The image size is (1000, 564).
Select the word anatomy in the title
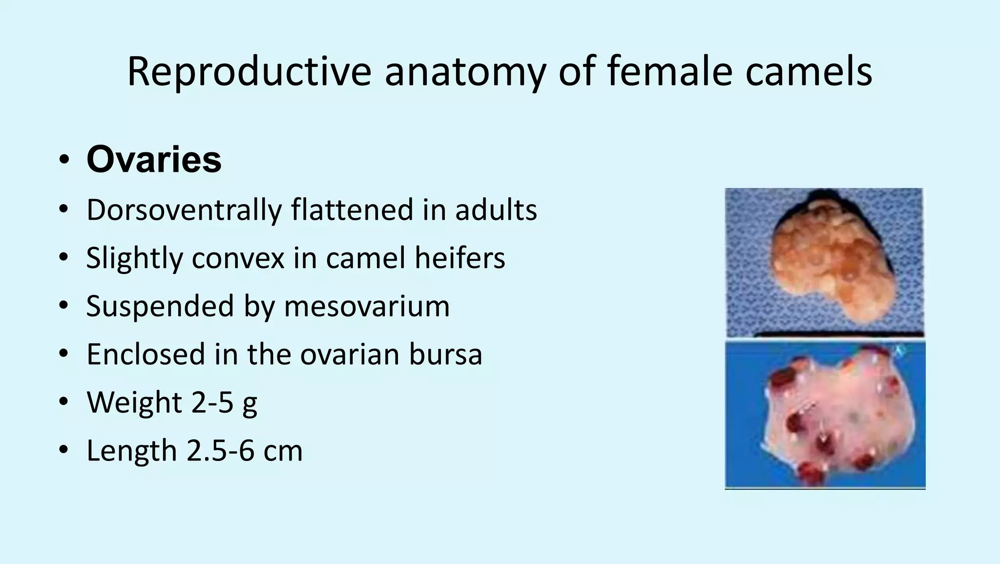[464, 72]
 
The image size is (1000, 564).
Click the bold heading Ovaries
[154, 160]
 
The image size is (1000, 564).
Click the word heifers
[459, 258]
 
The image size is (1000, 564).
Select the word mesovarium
[367, 306]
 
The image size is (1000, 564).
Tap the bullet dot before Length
[63, 450]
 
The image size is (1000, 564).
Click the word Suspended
[159, 306]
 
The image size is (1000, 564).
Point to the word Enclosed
[146, 354]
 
